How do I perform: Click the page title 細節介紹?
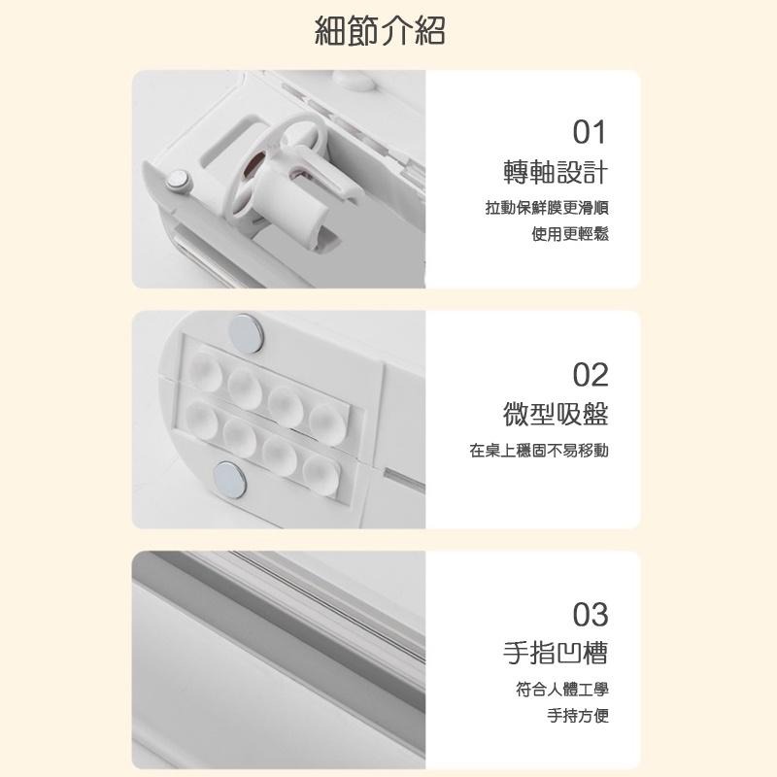click(380, 31)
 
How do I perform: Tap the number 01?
click(590, 132)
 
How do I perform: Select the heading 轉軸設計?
click(556, 173)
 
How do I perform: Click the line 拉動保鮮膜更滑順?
click(547, 208)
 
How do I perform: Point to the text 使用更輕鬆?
click(570, 234)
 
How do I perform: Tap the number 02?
click(591, 375)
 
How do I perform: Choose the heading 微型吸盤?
click(556, 415)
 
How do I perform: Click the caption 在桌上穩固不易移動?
click(539, 451)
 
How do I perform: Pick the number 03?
click(591, 615)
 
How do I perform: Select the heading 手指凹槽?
click(556, 652)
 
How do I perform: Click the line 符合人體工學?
click(562, 689)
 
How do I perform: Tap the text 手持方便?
click(578, 715)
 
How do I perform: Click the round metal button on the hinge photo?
click(178, 181)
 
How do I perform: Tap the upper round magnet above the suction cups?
click(247, 333)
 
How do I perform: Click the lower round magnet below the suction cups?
click(229, 480)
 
